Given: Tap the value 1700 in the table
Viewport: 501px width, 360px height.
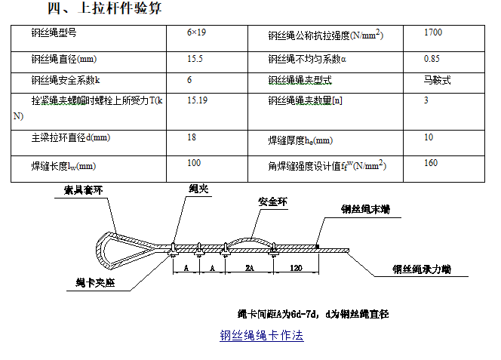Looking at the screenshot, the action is (x=434, y=34).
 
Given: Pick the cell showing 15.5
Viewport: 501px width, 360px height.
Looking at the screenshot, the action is (x=195, y=57).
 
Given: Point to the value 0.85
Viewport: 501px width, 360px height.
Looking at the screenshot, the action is (x=432, y=57).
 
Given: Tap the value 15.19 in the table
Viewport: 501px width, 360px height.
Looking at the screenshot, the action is (x=198, y=100).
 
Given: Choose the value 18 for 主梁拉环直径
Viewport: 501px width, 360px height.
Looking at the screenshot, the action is (x=192, y=137).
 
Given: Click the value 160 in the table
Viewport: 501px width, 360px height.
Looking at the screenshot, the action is (x=431, y=162).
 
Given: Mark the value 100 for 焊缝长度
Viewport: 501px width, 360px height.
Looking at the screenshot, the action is (x=194, y=162).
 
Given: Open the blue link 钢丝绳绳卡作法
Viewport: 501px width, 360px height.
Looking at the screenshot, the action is (x=261, y=336).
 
